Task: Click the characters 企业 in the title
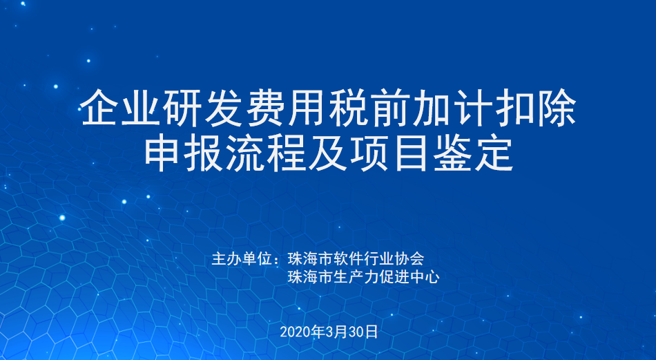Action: [x=121, y=108]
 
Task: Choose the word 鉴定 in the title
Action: [x=473, y=153]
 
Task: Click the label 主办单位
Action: [x=242, y=258]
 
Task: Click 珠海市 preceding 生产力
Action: [x=311, y=276]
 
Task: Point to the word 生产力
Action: [x=356, y=276]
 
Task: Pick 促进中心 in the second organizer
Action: [x=409, y=276]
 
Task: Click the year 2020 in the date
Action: [x=296, y=332]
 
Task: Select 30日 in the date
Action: [x=363, y=332]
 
